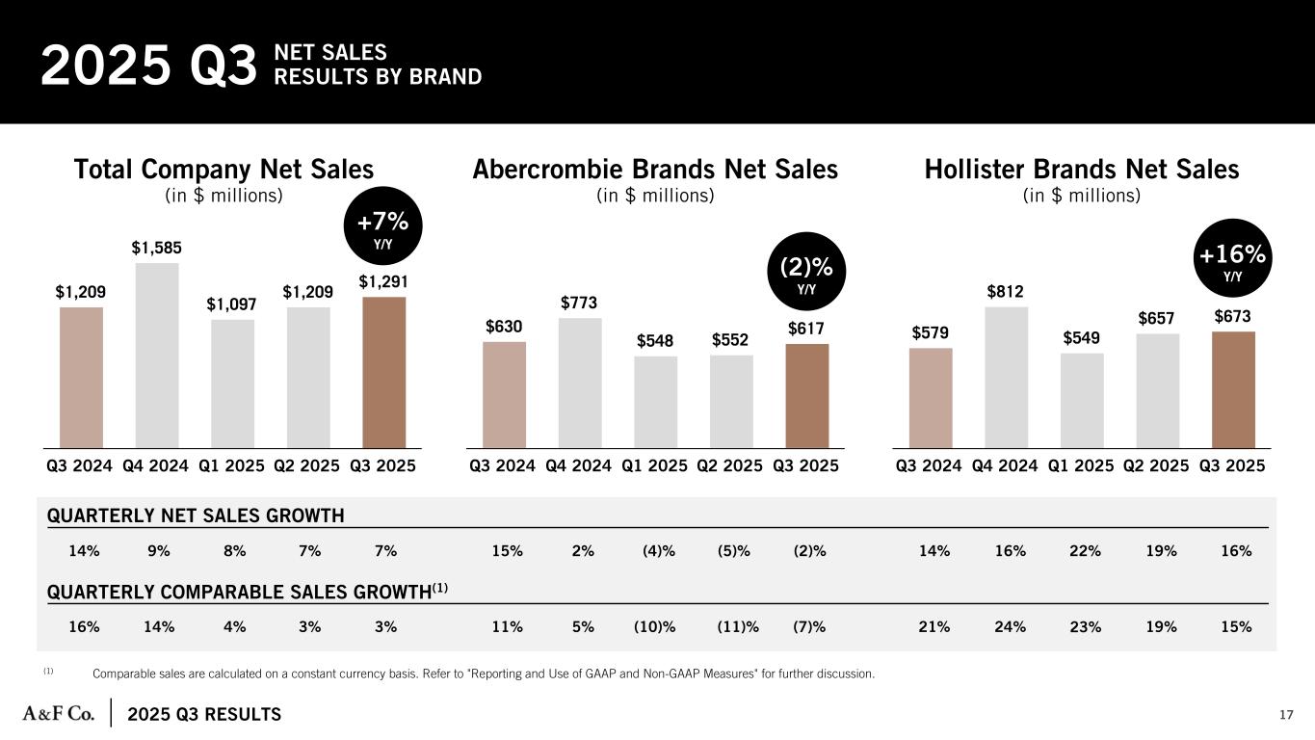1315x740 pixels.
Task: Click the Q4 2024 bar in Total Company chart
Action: coord(156,355)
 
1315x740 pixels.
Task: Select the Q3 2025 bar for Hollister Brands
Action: coord(1233,389)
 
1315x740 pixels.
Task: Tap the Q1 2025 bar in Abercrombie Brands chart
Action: coord(655,402)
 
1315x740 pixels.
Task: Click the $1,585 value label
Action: coord(156,248)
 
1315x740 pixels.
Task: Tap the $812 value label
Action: coord(1006,291)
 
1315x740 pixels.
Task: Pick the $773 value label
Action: coord(579,303)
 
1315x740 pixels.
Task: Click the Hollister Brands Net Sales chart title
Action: coord(1081,170)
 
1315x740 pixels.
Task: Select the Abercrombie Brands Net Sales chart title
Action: coord(655,170)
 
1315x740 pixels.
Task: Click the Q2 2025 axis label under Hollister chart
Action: coord(1157,465)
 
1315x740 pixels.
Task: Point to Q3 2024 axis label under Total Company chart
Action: coord(81,465)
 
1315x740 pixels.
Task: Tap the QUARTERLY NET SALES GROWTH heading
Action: coord(196,515)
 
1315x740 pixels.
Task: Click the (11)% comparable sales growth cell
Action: coord(737,626)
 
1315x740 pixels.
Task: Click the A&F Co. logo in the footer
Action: coord(59,713)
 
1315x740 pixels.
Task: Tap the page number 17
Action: coord(1286,714)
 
